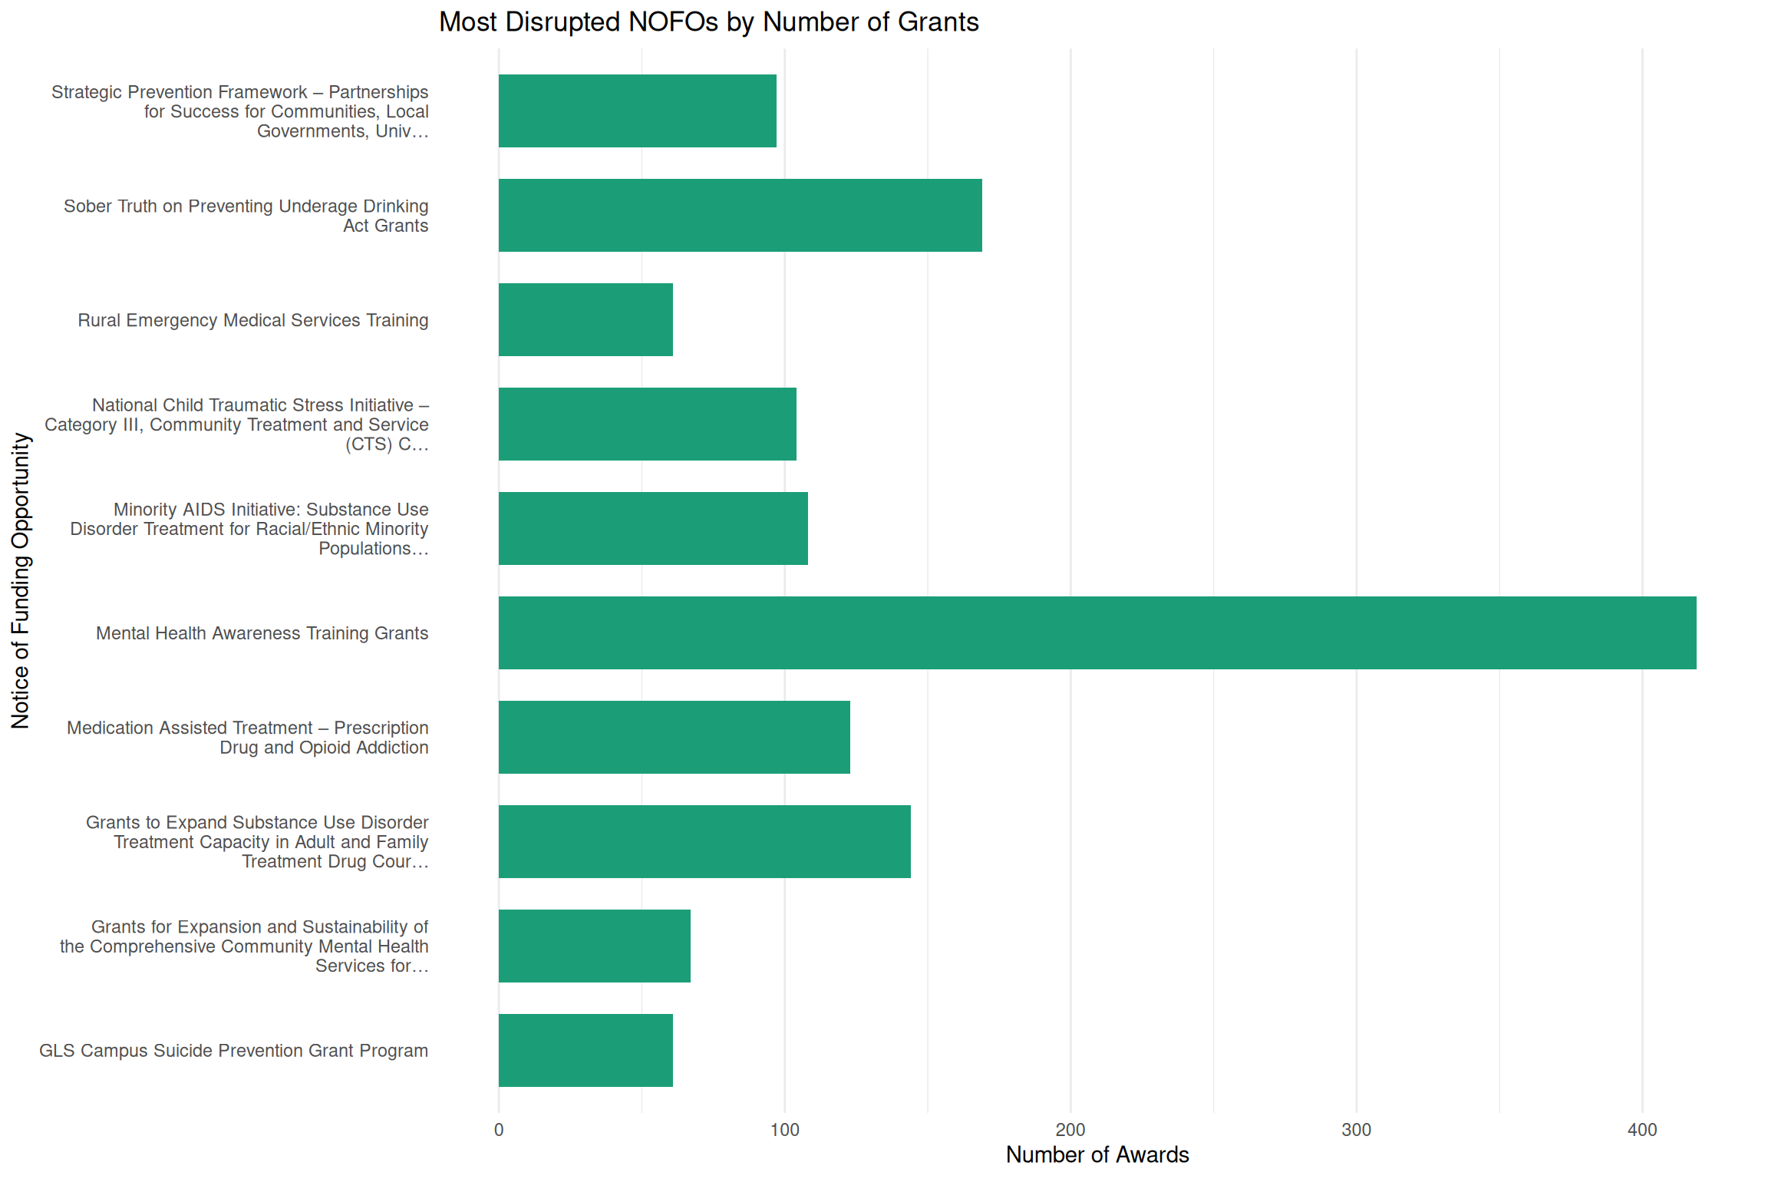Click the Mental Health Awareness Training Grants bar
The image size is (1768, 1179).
[1097, 632]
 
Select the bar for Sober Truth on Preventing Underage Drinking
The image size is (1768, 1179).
[740, 215]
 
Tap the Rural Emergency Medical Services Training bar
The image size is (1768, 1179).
[585, 319]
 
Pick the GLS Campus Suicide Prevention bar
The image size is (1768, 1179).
[585, 1050]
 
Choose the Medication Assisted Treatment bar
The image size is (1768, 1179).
[674, 737]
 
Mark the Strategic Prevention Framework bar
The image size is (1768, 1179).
[637, 111]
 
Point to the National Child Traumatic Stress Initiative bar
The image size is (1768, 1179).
[647, 424]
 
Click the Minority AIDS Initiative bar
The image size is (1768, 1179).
[653, 528]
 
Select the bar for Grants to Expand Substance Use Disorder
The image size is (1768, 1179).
[704, 841]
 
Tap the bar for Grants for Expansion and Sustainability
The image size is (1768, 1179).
[594, 946]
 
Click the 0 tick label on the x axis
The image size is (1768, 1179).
[499, 1130]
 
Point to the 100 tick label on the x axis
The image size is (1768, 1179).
[784, 1130]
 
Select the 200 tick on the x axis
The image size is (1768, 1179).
[1070, 1130]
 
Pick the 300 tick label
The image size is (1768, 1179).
[1356, 1130]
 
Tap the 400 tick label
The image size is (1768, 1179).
[1642, 1130]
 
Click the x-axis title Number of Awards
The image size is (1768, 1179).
[1097, 1154]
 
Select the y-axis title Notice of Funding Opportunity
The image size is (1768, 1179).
[21, 580]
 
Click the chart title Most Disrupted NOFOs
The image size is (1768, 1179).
[708, 22]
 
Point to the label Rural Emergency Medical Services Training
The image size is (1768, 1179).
[252, 320]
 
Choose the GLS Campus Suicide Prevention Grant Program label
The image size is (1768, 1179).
[233, 1051]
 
